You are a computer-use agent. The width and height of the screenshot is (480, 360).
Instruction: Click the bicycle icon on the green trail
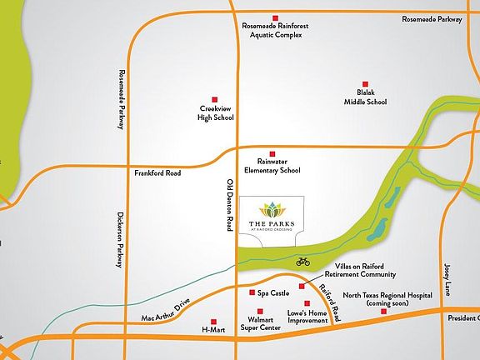click(303, 262)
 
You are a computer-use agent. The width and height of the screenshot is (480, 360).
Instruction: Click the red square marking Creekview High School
click(215, 98)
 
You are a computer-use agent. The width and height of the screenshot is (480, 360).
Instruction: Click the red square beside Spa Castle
click(252, 292)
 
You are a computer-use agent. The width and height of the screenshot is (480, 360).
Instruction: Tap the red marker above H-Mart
click(213, 321)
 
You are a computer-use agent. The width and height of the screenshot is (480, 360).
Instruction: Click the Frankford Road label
click(157, 173)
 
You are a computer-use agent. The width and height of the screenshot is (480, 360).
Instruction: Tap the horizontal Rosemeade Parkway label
click(432, 18)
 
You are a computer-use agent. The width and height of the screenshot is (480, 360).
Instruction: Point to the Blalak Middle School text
click(366, 98)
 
